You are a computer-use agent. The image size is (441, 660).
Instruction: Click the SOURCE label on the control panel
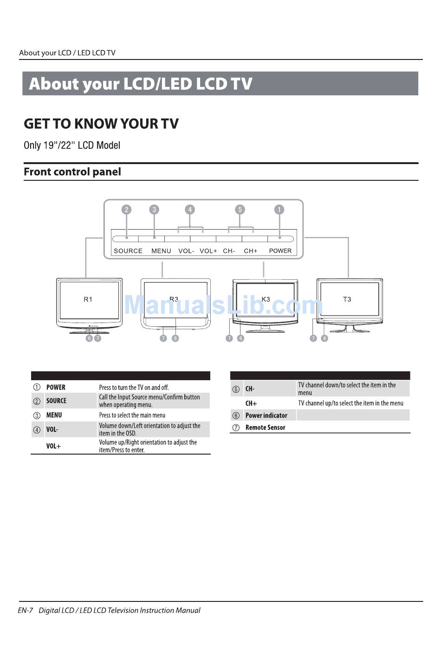point(128,251)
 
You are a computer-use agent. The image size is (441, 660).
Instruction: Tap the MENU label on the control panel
point(161,251)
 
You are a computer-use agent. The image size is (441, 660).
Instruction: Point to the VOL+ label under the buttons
point(208,251)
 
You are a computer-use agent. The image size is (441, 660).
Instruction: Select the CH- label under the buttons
point(229,251)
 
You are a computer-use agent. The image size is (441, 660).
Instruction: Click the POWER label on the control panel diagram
point(280,251)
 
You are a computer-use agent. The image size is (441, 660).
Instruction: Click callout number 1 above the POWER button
point(279,210)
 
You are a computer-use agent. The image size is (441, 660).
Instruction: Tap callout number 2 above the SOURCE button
point(126,210)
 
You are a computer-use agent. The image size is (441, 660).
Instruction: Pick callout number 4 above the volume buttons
point(190,210)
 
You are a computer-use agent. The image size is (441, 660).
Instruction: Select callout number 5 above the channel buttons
point(240,210)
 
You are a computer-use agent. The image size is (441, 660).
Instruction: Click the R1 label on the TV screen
point(88,299)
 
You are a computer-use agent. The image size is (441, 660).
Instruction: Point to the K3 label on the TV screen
point(266,299)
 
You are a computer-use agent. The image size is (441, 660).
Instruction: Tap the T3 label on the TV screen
point(347,299)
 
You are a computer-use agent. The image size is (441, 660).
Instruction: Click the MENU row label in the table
point(54,415)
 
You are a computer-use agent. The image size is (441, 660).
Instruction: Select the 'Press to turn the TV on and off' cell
point(134,387)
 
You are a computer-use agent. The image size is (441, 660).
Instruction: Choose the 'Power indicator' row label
point(266,416)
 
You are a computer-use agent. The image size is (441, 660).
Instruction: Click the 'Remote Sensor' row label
point(265,428)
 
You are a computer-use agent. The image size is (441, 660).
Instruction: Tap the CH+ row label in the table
point(251,403)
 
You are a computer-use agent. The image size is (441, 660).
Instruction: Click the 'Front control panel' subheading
point(72,172)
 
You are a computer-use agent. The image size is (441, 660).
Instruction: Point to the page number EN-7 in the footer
point(25,610)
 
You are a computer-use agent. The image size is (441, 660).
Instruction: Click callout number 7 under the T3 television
point(313,338)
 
